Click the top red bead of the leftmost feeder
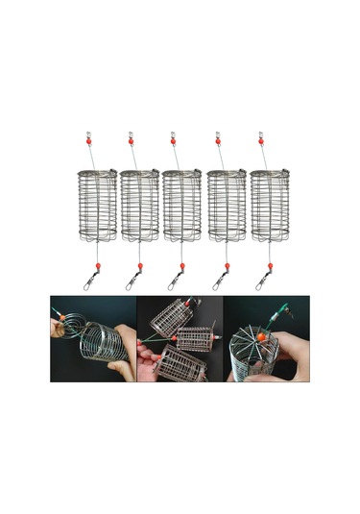pyautogui.click(x=86, y=140)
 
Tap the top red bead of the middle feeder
pyautogui.click(x=174, y=140)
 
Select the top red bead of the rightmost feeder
pyautogui.click(x=261, y=140)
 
